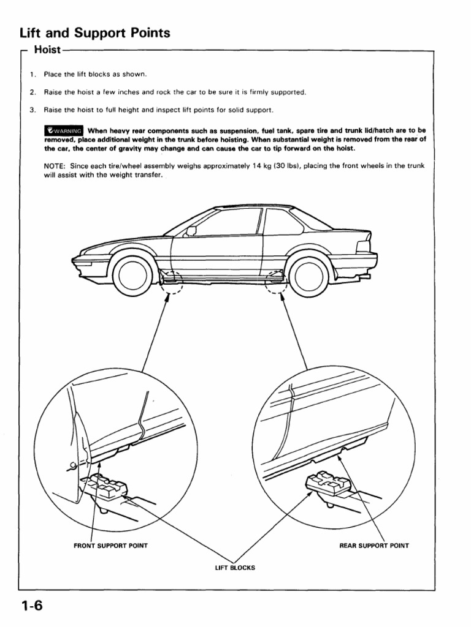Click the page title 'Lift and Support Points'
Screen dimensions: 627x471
(x=94, y=33)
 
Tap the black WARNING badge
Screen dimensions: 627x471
(x=64, y=130)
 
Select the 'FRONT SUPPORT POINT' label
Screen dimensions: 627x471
(x=111, y=545)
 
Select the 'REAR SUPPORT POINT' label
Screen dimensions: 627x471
(x=374, y=545)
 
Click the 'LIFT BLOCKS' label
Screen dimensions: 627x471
(x=235, y=568)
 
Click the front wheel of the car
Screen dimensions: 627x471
(x=132, y=275)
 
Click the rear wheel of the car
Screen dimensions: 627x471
(x=308, y=275)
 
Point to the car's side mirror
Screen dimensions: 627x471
(x=191, y=231)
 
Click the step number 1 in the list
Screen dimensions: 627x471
(x=33, y=75)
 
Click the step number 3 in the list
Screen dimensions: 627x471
(x=33, y=110)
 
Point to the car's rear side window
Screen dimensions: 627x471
(x=283, y=222)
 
